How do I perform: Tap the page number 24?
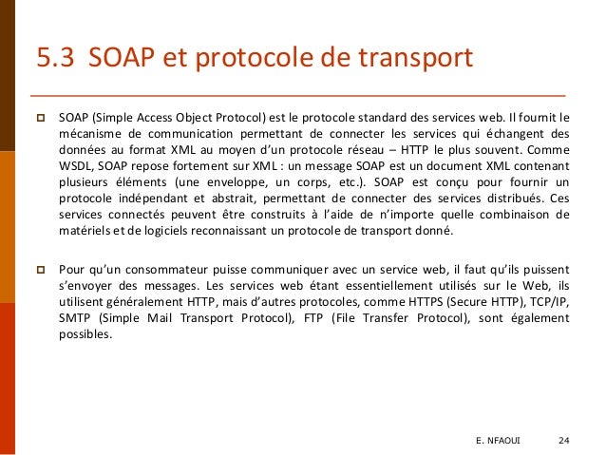(x=564, y=441)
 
